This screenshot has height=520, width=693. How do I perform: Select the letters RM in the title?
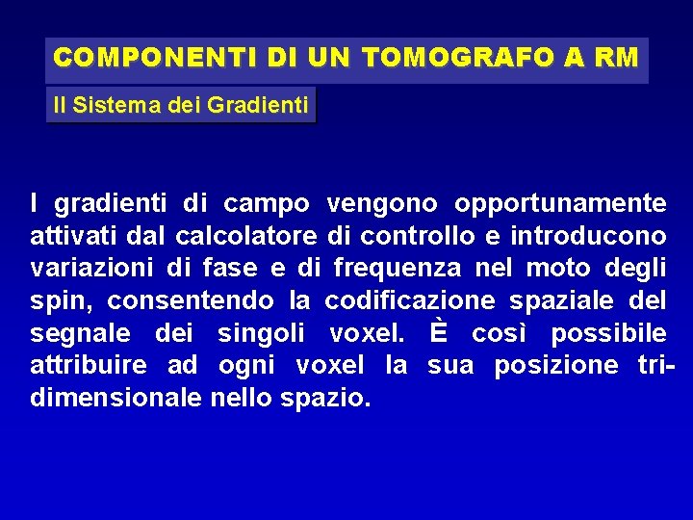(x=616, y=58)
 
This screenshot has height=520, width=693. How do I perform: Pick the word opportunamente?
(x=560, y=204)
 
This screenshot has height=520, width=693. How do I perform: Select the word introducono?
(x=588, y=236)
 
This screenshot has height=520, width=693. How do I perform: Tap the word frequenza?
(x=400, y=269)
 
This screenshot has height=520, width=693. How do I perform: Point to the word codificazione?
(x=410, y=300)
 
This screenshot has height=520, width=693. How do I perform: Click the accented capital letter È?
(x=439, y=332)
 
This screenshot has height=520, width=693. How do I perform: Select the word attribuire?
(x=89, y=366)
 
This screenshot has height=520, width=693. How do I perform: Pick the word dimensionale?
(x=115, y=398)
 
